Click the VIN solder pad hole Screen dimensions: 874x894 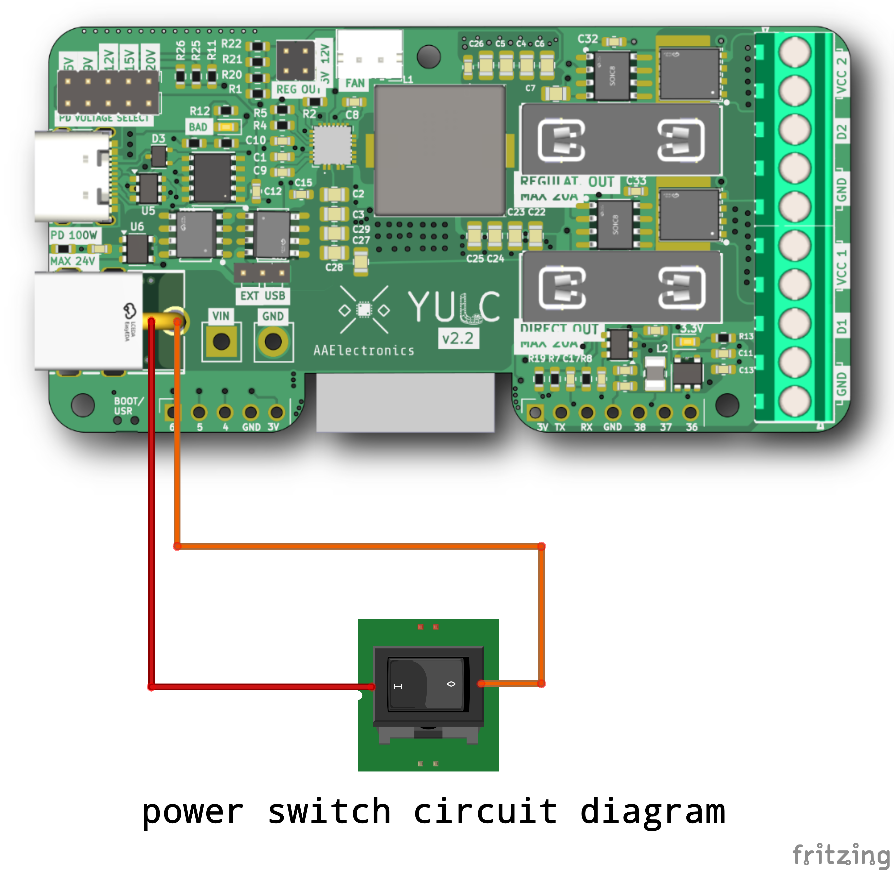(x=222, y=342)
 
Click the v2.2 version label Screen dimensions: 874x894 (x=458, y=339)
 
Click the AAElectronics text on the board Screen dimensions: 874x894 (x=364, y=351)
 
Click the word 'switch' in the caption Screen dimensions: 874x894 (x=329, y=812)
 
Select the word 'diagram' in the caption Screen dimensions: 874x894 (x=653, y=812)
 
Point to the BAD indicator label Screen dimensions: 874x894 (x=198, y=127)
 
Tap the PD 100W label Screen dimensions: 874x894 (x=74, y=235)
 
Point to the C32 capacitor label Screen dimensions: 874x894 (x=588, y=39)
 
